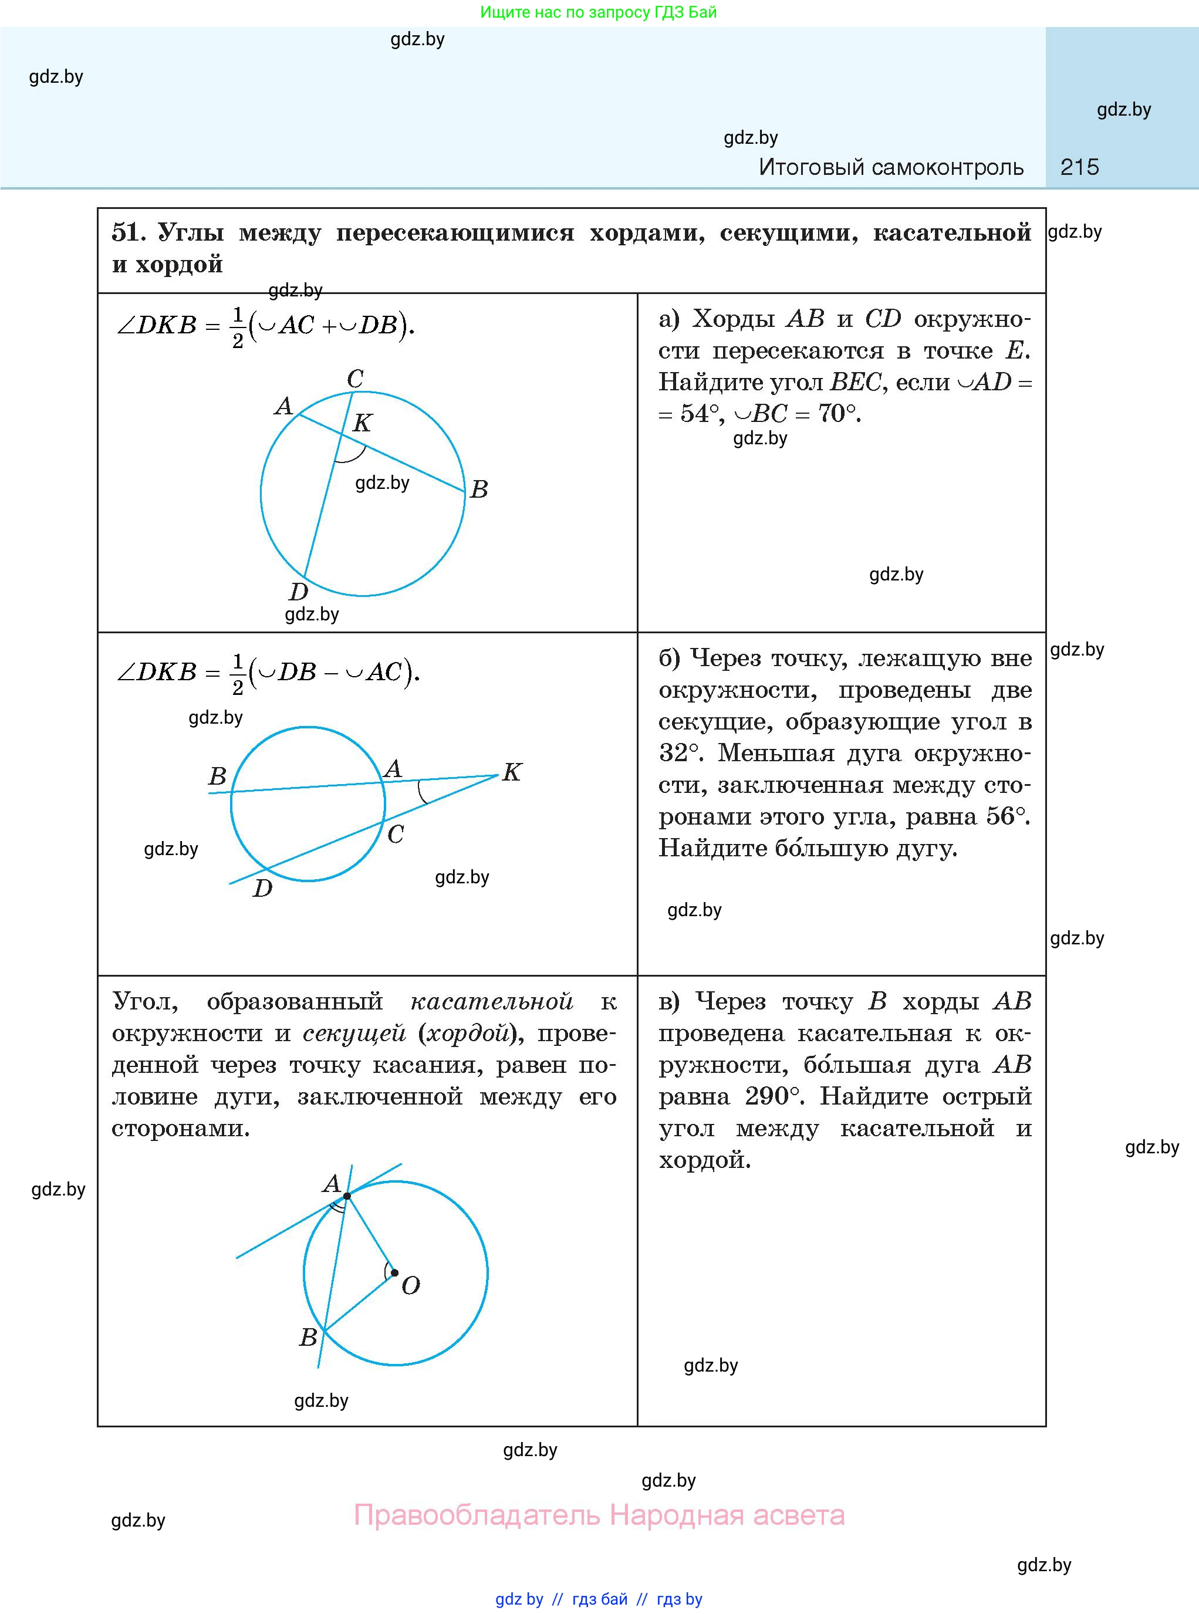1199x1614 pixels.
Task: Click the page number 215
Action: (x=1079, y=168)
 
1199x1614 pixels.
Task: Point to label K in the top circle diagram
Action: (x=362, y=423)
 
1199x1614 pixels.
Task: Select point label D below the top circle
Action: (x=298, y=592)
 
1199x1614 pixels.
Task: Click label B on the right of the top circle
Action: (x=479, y=489)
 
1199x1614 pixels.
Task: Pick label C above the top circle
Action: (x=355, y=378)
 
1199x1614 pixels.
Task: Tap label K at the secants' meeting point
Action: (x=512, y=771)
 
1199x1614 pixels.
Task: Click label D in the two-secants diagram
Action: (x=262, y=887)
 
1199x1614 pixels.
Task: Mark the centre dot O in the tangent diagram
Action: (x=394, y=1272)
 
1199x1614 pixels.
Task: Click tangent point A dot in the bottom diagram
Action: (x=347, y=1196)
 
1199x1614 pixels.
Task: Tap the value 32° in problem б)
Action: (x=680, y=752)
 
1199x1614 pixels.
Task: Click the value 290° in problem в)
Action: (x=774, y=1096)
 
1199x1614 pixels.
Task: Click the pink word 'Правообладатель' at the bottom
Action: (x=477, y=1515)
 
